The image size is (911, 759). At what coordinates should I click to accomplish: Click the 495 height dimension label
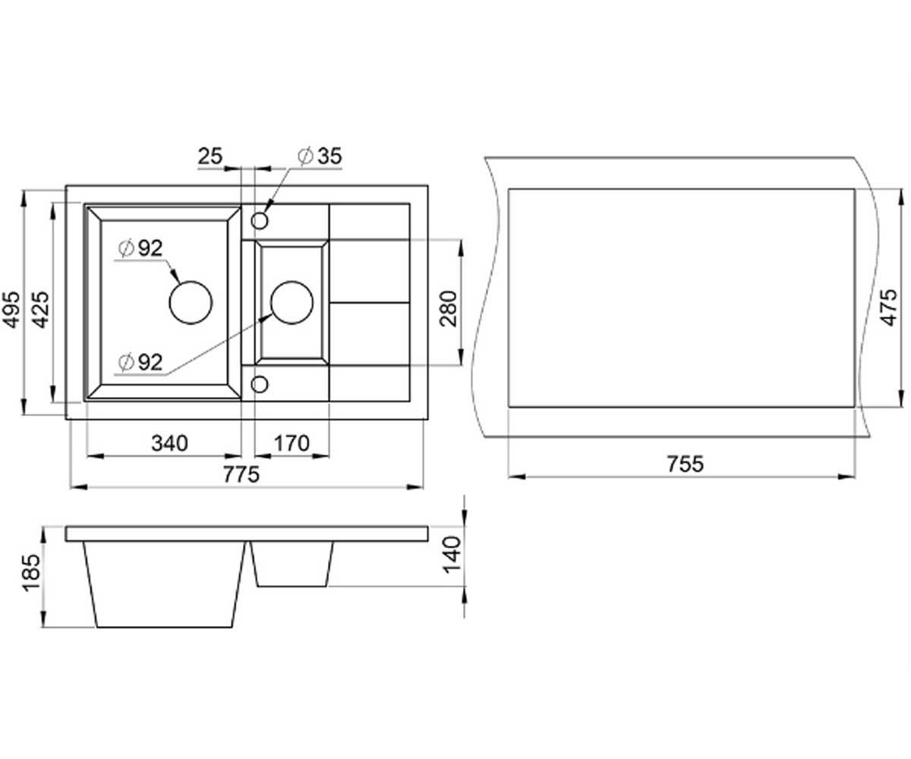coord(11,309)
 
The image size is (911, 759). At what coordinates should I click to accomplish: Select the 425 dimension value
coord(42,309)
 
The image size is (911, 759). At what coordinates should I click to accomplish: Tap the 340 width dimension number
coord(170,443)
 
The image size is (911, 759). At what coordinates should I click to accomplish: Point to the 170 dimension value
coord(292,443)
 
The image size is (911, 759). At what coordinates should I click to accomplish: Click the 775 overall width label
coord(241,474)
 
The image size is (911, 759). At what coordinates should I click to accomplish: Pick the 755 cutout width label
coord(685,464)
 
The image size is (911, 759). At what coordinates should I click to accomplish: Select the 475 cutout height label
coord(888,307)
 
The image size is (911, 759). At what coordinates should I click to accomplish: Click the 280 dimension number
coord(448,309)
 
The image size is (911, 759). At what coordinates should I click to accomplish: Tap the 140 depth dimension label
coord(451,555)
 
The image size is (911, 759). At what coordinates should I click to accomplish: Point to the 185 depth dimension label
coord(31,573)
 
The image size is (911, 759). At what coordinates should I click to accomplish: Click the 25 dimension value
coord(210,156)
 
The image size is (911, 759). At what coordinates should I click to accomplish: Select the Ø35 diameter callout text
coord(320,156)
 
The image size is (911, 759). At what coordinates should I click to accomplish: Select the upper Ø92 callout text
coord(140,248)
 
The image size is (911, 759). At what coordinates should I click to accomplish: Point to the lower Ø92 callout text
coord(140,361)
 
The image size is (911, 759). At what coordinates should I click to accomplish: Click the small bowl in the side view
coord(292,564)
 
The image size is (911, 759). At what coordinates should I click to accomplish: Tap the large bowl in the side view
coord(164,584)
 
